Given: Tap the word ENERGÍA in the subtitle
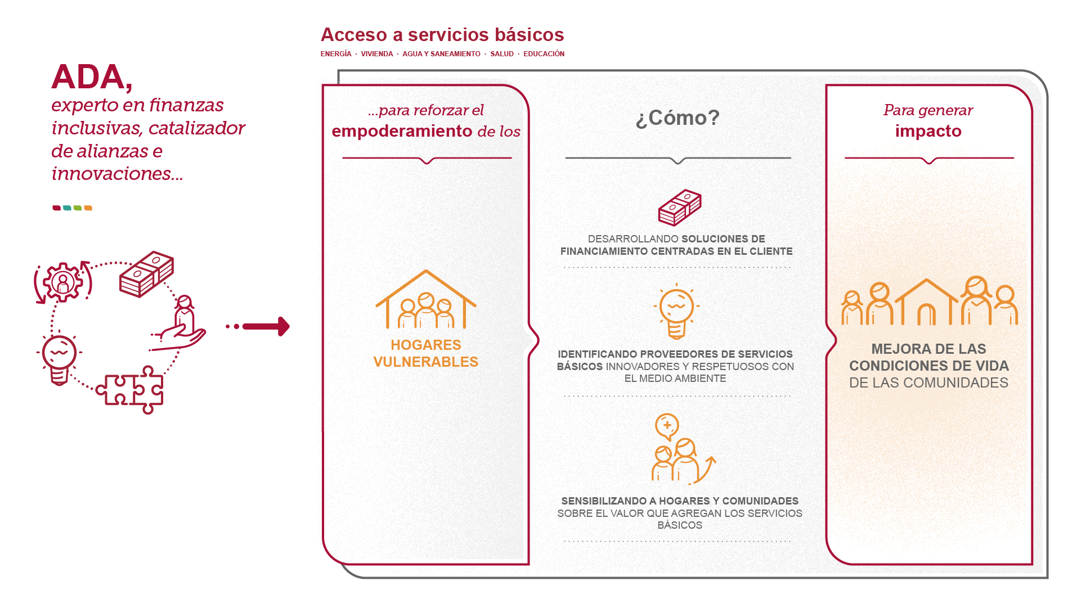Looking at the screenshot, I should coord(335,54).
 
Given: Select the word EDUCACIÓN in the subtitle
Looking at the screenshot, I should coord(544,54).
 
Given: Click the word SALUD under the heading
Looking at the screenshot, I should coord(501,54).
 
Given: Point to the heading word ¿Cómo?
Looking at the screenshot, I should coord(678,118).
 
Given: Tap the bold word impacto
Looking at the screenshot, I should coord(928,131).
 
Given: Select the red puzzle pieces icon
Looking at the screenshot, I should coord(131,390).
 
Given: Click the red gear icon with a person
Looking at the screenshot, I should coord(63,282).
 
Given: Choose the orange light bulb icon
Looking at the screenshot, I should coord(676,313).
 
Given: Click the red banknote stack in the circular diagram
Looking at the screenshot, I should coord(146,274).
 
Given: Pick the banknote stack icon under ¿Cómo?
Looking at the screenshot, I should coord(680,207).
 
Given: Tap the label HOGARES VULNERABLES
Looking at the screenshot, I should coord(425,353).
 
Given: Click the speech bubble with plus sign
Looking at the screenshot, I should coord(667,426).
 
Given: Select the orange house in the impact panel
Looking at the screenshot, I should coord(926,303).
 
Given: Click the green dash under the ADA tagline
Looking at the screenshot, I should coord(78,208).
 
